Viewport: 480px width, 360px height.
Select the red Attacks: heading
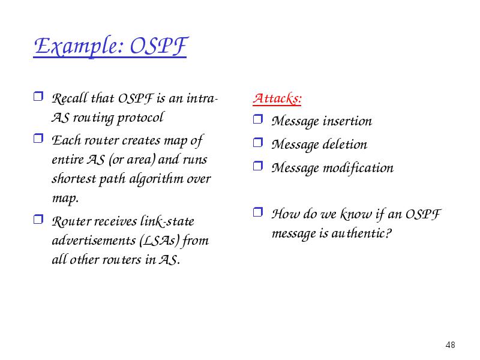277,98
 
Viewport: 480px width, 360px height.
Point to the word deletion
344,144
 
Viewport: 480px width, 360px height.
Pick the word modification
358,168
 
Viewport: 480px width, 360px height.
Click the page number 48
451,345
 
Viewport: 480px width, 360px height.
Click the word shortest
74,179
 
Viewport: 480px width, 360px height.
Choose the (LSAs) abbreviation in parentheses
159,241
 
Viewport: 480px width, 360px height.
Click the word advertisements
94,241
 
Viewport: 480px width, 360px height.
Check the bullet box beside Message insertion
258,119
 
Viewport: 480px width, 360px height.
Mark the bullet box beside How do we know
258,212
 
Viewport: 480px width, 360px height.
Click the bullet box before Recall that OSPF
38,96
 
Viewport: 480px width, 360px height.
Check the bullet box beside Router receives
38,219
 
